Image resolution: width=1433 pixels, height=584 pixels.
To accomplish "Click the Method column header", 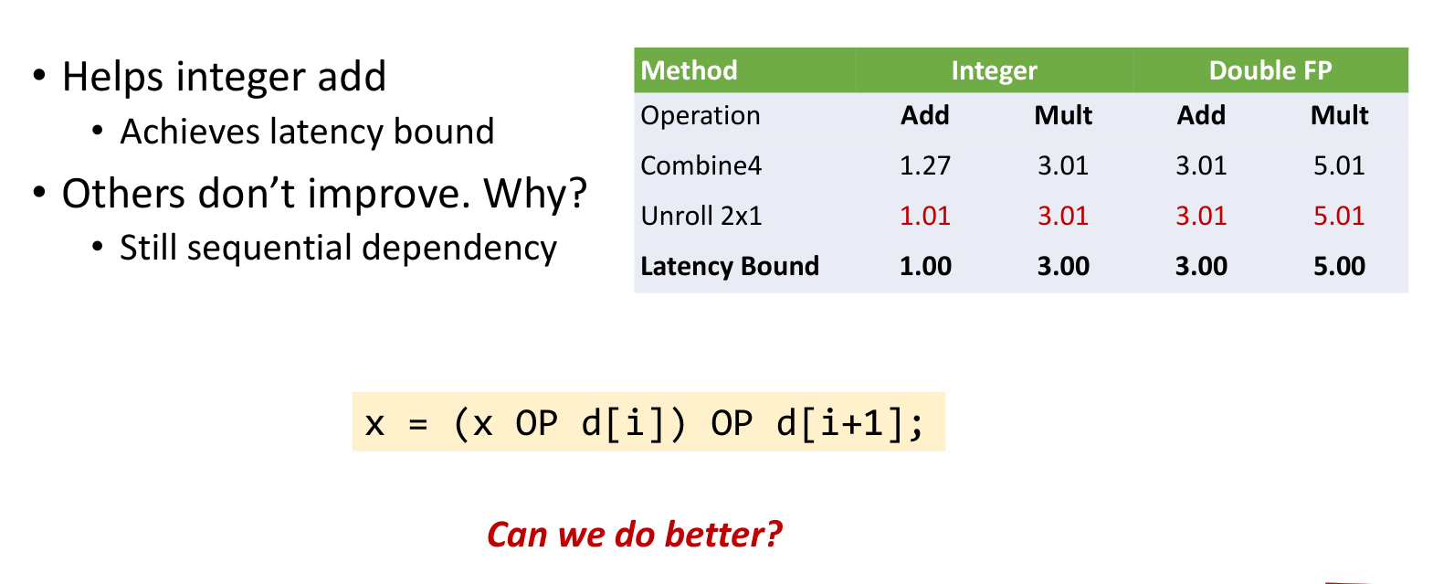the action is click(689, 70).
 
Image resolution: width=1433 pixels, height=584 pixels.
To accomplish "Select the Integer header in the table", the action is click(994, 71).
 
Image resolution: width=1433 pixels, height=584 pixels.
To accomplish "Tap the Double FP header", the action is click(1270, 70).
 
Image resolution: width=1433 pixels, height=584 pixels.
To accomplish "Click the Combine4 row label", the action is click(701, 165).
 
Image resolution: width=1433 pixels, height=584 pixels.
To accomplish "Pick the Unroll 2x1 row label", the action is click(701, 216).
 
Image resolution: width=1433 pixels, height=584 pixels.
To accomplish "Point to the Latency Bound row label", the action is click(730, 266).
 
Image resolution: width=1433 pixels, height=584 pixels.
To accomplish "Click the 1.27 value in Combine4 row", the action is click(925, 165).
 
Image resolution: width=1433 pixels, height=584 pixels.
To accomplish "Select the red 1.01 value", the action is click(925, 216).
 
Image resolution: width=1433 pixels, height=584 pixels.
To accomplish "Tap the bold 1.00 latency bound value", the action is click(925, 266).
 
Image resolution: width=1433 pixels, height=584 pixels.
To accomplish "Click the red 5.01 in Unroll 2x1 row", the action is click(1339, 216).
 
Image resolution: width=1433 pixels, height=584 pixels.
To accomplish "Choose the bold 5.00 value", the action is click(1339, 266).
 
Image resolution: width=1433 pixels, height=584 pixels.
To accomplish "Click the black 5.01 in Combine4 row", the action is click(1339, 165).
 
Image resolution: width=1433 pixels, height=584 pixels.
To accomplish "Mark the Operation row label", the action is click(701, 116).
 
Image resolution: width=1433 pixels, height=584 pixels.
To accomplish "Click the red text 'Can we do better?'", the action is click(634, 534).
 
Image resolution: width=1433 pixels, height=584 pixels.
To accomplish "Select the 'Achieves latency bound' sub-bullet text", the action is click(307, 132).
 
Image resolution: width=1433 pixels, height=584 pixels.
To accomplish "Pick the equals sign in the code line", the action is click(417, 424).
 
